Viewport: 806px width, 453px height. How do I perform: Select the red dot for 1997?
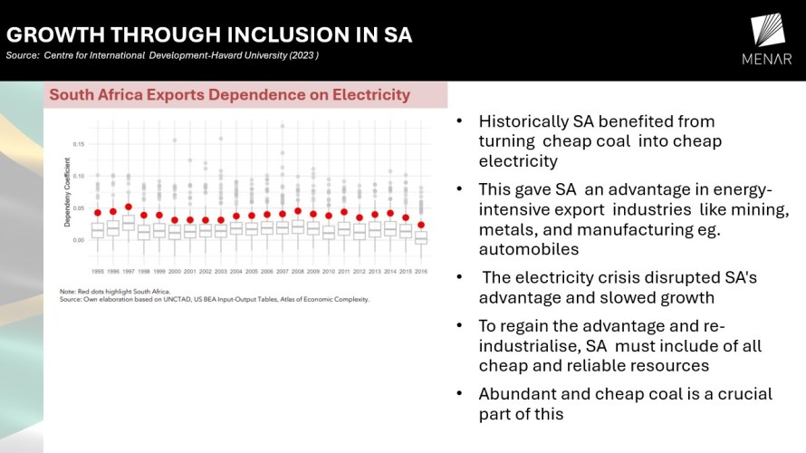pos(129,207)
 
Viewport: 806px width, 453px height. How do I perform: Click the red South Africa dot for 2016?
pos(420,225)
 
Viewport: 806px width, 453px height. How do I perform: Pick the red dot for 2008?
pos(297,211)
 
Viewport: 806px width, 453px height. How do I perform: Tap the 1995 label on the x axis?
pos(97,271)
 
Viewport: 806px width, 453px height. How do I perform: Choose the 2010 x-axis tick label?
pos(328,271)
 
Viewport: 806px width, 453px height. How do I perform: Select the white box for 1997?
pos(129,223)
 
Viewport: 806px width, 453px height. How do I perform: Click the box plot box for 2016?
pos(420,237)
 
